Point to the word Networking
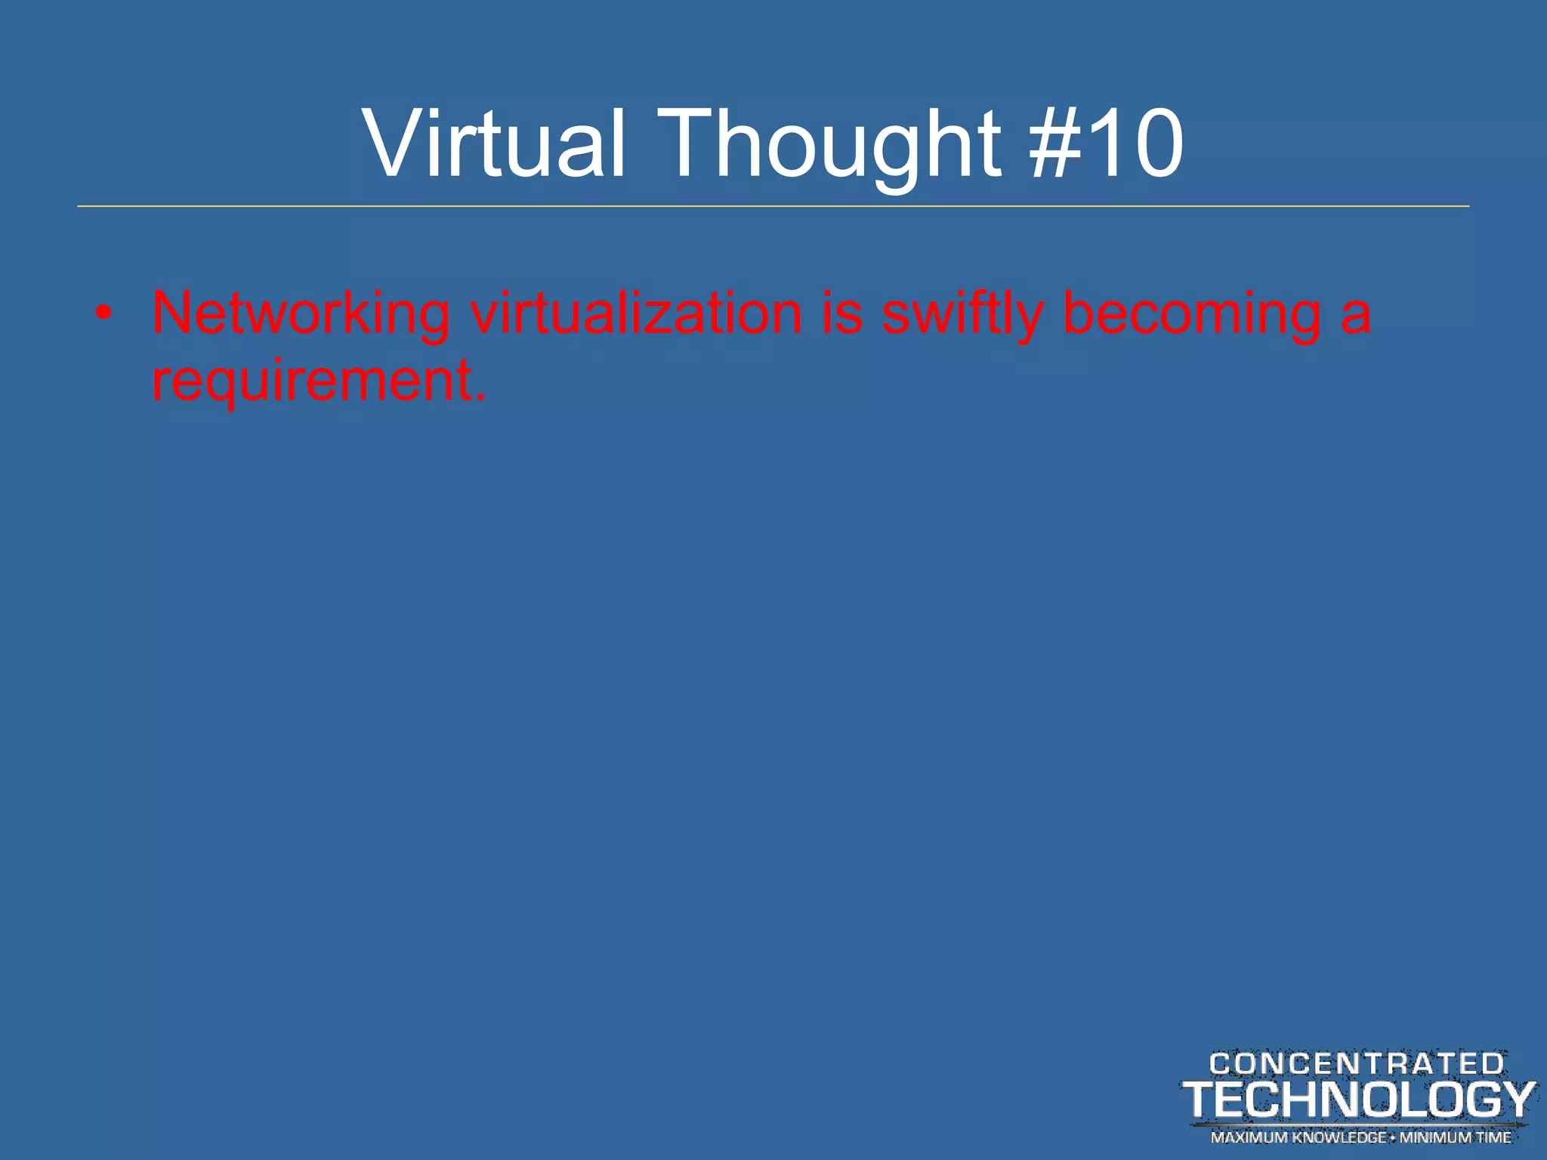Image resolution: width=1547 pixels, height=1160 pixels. click(x=301, y=313)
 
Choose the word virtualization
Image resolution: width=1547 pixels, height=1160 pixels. click(x=636, y=313)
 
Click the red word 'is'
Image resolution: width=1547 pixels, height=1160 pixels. click(x=841, y=313)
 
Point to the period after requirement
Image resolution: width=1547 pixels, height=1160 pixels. click(x=479, y=397)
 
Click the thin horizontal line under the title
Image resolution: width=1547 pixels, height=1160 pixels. click(x=773, y=206)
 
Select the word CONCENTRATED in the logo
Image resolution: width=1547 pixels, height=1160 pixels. click(x=1357, y=1064)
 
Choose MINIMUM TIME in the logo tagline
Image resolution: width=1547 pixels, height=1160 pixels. click(x=1456, y=1137)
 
